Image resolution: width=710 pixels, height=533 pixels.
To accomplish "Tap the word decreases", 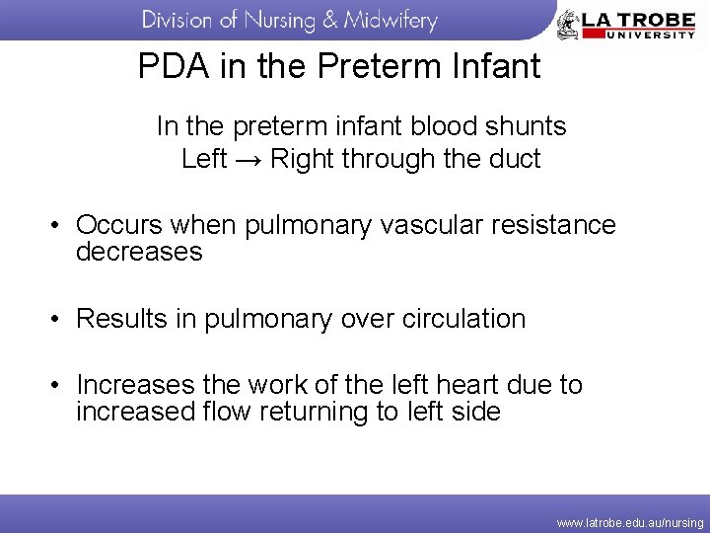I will (x=139, y=253).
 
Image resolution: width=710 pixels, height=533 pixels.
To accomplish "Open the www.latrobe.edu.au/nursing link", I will (x=629, y=522).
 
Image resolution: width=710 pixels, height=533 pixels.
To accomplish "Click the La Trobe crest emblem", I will (x=569, y=24).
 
